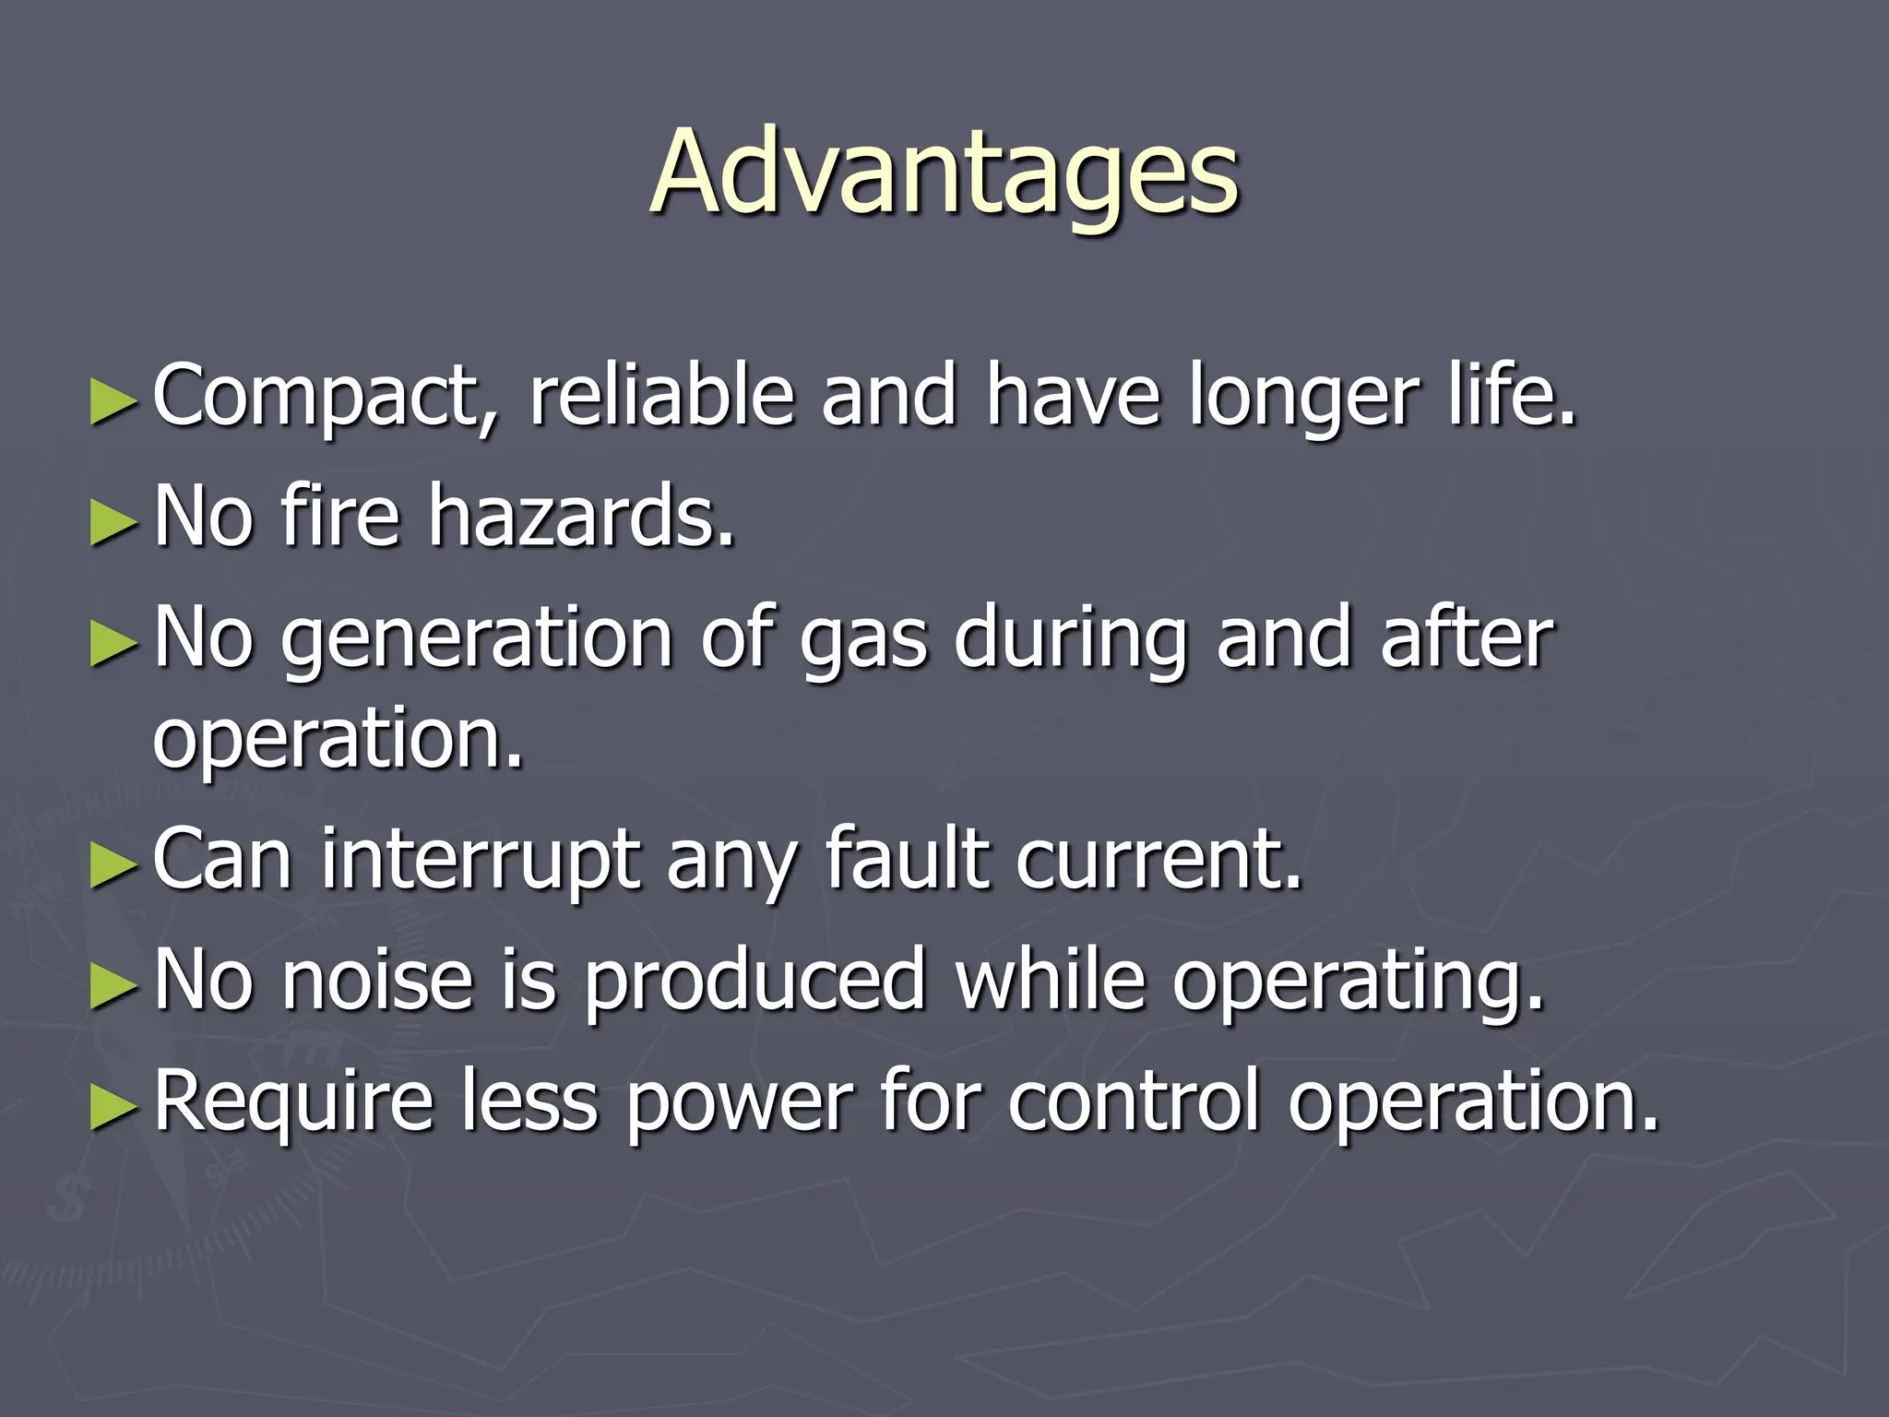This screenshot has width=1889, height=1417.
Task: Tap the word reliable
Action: point(660,397)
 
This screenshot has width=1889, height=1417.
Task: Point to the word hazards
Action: point(581,517)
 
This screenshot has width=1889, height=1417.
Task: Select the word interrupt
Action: point(480,860)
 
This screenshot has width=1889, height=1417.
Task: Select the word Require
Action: point(293,1101)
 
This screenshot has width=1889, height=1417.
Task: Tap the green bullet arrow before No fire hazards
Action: point(113,522)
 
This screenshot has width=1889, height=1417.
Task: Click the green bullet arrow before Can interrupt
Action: point(113,865)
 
